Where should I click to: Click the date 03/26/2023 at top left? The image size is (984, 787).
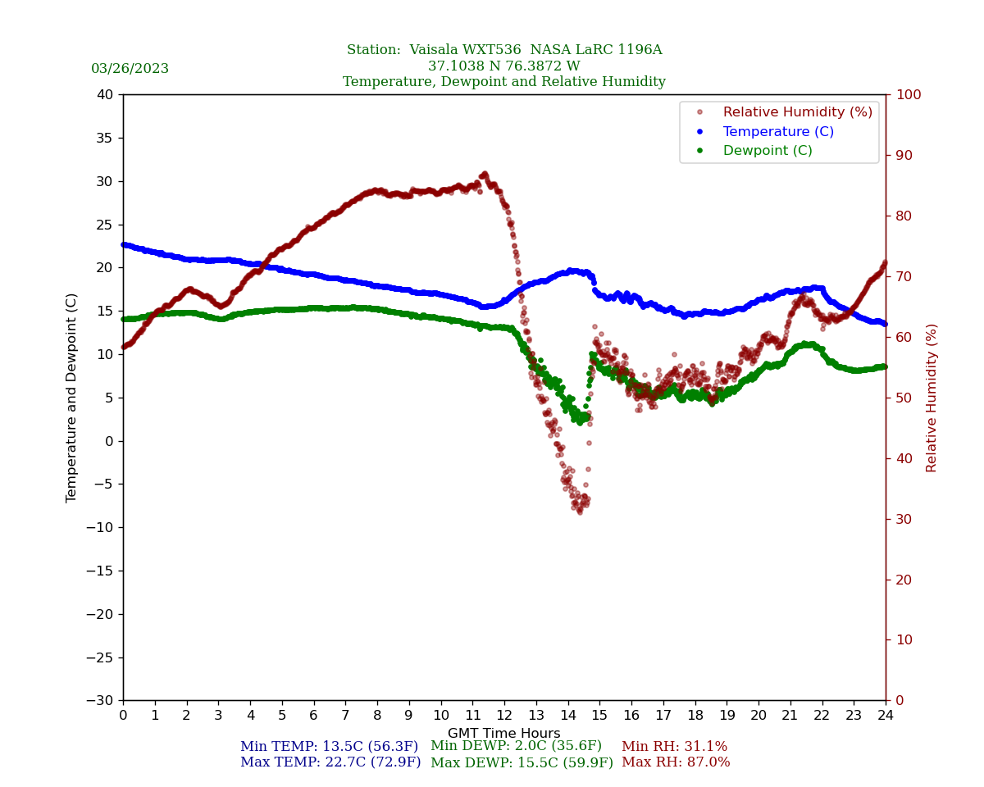click(x=130, y=69)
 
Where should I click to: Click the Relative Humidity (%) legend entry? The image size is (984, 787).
click(x=797, y=112)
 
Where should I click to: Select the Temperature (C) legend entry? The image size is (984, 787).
click(x=777, y=131)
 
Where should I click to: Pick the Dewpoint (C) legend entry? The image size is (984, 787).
click(x=767, y=151)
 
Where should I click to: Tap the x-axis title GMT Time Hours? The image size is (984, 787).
click(x=503, y=734)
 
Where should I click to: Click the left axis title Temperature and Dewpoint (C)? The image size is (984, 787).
click(x=72, y=398)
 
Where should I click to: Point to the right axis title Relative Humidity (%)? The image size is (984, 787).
click(x=932, y=398)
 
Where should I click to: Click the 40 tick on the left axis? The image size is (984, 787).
click(x=105, y=95)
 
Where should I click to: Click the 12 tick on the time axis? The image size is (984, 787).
click(x=503, y=716)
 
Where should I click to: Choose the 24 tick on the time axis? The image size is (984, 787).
click(x=885, y=716)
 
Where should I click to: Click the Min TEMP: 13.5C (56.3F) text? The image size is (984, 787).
click(x=329, y=747)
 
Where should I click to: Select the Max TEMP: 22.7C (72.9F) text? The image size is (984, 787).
click(x=330, y=762)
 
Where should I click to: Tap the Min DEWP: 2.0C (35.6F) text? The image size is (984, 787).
click(x=516, y=746)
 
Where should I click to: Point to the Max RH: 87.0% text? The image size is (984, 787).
click(x=675, y=762)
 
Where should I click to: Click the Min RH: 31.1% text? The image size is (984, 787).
click(x=674, y=747)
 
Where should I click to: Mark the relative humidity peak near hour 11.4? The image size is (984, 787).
click(x=485, y=174)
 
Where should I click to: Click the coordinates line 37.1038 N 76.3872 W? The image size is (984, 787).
click(x=503, y=66)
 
